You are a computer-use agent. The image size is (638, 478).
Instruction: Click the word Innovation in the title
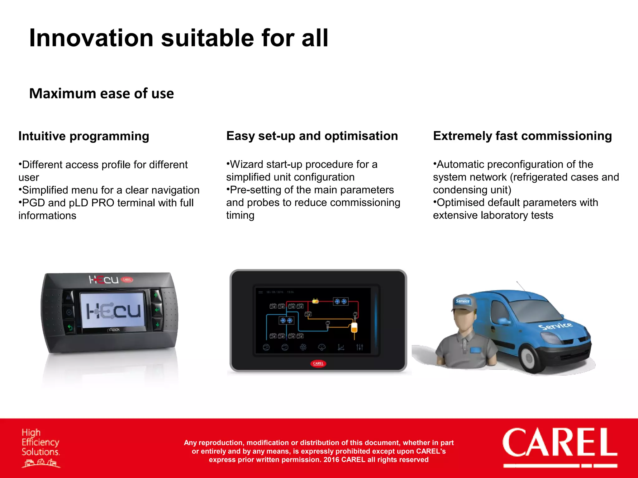(x=91, y=38)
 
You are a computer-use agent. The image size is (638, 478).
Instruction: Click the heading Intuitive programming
(x=83, y=136)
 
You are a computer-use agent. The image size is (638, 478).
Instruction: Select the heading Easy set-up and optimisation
(x=312, y=136)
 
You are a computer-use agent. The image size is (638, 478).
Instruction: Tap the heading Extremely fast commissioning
(x=522, y=136)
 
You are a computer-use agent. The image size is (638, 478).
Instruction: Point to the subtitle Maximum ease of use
(x=101, y=93)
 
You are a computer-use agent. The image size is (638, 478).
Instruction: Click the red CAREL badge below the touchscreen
(x=318, y=363)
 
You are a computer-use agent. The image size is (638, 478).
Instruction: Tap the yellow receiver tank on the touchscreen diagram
(x=354, y=327)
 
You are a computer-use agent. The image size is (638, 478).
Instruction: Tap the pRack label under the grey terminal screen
(x=113, y=330)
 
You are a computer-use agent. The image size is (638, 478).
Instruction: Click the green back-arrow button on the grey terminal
(x=70, y=328)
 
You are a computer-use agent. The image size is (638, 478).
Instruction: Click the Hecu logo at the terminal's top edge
(x=104, y=279)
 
